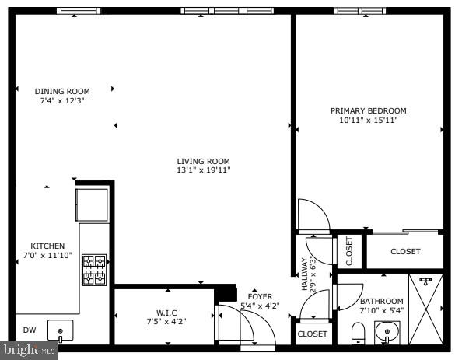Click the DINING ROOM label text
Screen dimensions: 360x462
point(62,91)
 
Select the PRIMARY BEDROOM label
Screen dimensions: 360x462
point(368,110)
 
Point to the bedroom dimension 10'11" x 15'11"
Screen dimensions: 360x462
point(368,120)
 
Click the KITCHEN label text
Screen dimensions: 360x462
point(47,246)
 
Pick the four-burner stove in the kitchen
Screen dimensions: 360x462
point(94,270)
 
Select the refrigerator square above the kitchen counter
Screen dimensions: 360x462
point(92,204)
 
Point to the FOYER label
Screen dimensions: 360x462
point(260,296)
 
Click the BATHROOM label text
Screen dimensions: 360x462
point(381,302)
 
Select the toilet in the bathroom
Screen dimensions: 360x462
point(358,334)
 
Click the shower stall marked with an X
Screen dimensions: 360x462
point(426,309)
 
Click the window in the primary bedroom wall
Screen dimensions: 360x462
point(360,11)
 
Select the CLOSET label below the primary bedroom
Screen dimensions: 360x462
point(405,251)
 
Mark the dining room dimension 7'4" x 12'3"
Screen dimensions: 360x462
point(62,100)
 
